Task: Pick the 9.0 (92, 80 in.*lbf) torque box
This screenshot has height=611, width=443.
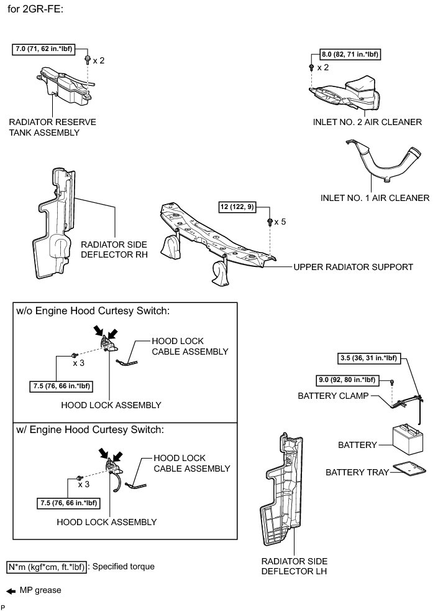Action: click(345, 380)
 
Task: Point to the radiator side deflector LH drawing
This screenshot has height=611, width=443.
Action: click(280, 492)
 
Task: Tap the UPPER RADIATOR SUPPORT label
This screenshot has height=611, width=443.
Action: click(353, 267)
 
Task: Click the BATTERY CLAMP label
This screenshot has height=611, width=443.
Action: click(333, 395)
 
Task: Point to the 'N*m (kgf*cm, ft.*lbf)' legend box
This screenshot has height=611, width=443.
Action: click(47, 567)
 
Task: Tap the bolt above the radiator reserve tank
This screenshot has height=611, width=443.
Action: click(87, 60)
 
